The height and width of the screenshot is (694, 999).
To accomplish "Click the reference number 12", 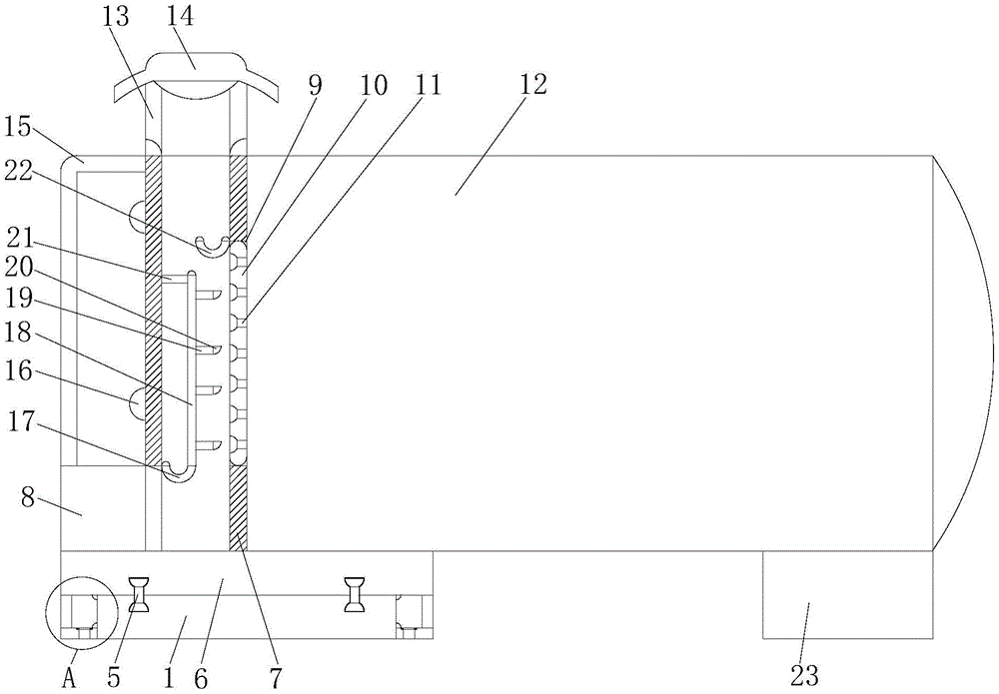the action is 533,85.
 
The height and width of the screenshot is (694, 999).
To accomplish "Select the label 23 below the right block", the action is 805,676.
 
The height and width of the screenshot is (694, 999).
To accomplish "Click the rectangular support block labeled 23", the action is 847,594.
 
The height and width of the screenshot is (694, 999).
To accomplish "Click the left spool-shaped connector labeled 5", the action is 140,595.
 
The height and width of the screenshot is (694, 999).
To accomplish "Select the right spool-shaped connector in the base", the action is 354,595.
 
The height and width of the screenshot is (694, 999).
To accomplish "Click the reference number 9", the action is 316,85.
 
